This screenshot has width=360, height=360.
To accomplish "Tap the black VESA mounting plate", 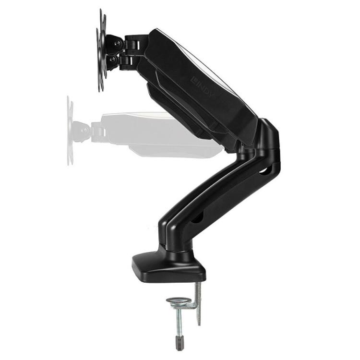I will [101, 50].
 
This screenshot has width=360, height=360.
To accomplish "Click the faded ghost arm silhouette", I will [158, 134].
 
